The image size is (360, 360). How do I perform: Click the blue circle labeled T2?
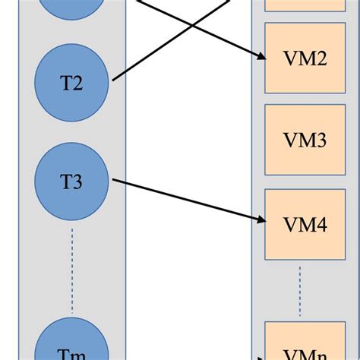tap(73, 82)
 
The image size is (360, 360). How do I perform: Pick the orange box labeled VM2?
tap(305, 58)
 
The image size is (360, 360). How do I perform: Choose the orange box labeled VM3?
tap(305, 141)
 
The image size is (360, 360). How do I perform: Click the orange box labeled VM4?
tap(305, 224)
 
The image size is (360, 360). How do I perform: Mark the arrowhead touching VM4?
tap(260, 219)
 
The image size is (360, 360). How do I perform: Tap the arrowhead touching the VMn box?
tap(261, 354)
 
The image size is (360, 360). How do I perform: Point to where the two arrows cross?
tap(191, 27)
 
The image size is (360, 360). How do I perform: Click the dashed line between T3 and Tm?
tap(73, 270)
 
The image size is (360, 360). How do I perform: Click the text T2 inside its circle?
tap(71, 83)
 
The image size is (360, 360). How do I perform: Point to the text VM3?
tap(305, 141)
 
